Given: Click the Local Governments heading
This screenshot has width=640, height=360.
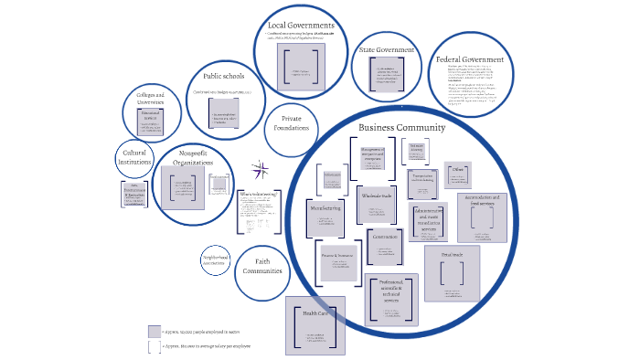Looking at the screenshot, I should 301,26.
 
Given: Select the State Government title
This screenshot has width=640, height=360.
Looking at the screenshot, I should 385,49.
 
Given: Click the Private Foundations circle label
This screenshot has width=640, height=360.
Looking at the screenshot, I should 292,124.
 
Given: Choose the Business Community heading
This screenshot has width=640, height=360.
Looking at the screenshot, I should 401,128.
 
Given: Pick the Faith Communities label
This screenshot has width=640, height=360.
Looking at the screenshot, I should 262,267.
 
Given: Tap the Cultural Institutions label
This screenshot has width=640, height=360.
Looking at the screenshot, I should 134,156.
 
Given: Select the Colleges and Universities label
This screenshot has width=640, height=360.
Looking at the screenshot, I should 150,98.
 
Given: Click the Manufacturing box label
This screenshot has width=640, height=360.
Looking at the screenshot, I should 325,208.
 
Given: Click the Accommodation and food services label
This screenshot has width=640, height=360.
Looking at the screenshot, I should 482,201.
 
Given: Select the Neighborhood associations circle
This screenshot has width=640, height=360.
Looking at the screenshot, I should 216,261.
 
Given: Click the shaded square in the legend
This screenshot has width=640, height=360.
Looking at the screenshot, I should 154,332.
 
